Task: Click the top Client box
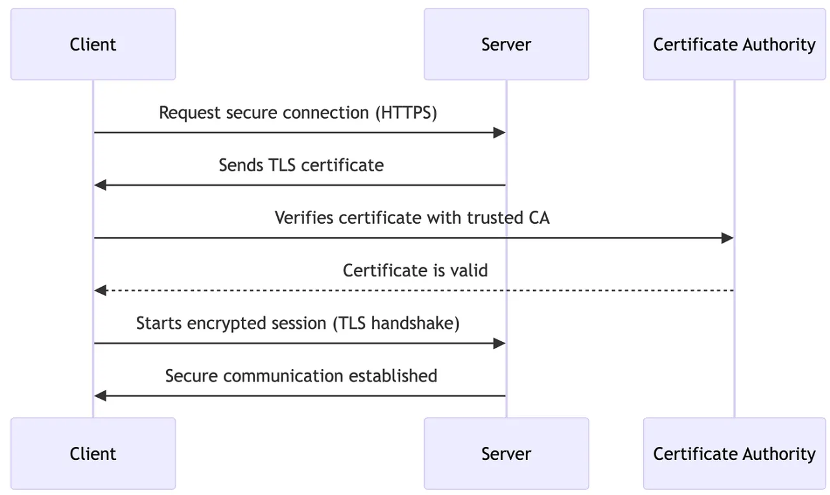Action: click(93, 44)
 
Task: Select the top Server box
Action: click(506, 44)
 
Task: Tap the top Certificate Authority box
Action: click(734, 44)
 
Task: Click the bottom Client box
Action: click(93, 453)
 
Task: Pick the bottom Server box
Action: click(506, 453)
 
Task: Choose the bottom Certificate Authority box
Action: click(734, 453)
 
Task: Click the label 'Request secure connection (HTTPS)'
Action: click(298, 113)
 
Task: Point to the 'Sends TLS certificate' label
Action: click(301, 165)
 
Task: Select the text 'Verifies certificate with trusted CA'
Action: click(412, 218)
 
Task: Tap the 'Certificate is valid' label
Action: click(415, 271)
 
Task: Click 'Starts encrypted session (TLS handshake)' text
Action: click(298, 323)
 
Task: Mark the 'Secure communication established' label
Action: click(301, 376)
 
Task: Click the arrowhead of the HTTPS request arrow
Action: click(499, 133)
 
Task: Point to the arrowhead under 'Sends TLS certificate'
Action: click(100, 186)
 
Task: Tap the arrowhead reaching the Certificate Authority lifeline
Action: click(728, 238)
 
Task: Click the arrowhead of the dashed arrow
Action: click(100, 291)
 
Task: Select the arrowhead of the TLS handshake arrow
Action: click(499, 343)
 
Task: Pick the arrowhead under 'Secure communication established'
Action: click(100, 396)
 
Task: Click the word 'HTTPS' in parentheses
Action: click(406, 113)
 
